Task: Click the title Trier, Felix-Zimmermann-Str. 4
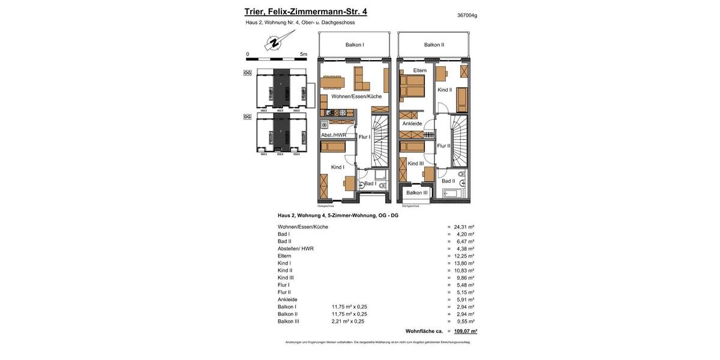pyautogui.click(x=305, y=11)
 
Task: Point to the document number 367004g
pyautogui.click(x=467, y=15)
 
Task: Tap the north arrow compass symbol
pyautogui.click(x=274, y=43)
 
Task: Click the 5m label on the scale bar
pyautogui.click(x=303, y=54)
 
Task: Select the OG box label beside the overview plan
pyautogui.click(x=247, y=73)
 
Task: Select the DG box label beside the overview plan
pyautogui.click(x=247, y=116)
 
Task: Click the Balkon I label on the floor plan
pyautogui.click(x=355, y=44)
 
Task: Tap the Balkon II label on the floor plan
pyautogui.click(x=434, y=44)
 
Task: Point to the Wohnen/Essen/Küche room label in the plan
pyautogui.click(x=356, y=96)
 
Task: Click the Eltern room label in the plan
pyautogui.click(x=419, y=70)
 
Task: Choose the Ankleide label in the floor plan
pyautogui.click(x=412, y=124)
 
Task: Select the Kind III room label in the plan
pyautogui.click(x=416, y=163)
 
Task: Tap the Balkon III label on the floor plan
pyautogui.click(x=417, y=193)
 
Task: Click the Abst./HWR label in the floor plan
pyautogui.click(x=334, y=135)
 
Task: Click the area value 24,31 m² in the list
pyautogui.click(x=464, y=227)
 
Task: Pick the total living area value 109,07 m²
pyautogui.click(x=466, y=331)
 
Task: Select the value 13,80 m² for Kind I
pyautogui.click(x=464, y=263)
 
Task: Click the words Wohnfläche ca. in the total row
pyautogui.click(x=424, y=331)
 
